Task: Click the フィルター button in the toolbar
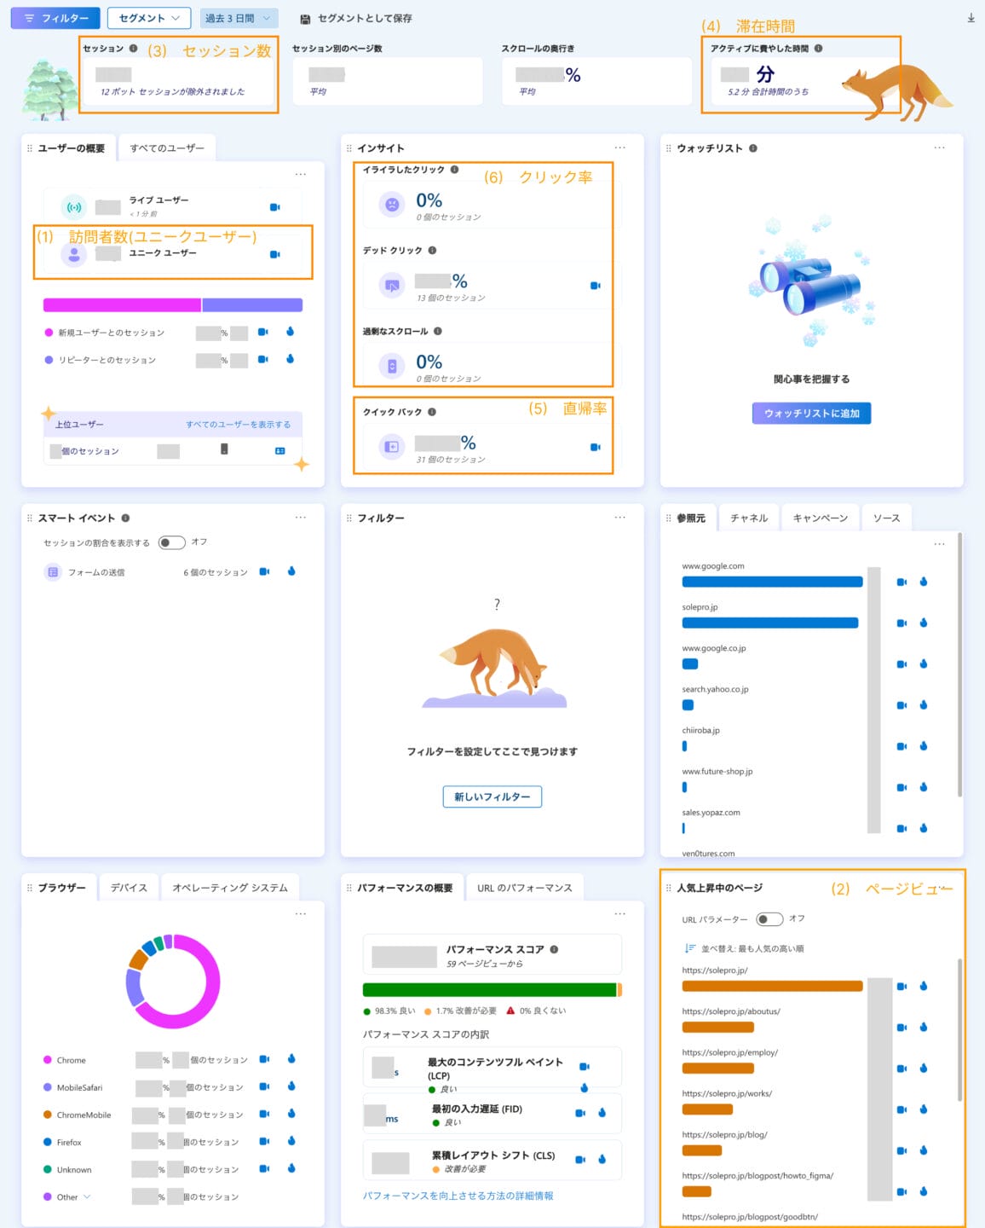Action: click(55, 18)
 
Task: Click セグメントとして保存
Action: click(356, 19)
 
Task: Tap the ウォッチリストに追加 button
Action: click(811, 414)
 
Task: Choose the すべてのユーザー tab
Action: click(167, 148)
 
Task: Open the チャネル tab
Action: click(749, 518)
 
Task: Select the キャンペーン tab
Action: click(820, 518)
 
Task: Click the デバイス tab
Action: click(129, 888)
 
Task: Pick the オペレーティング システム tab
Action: click(230, 888)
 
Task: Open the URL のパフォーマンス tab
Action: click(524, 888)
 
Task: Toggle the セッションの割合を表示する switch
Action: click(171, 542)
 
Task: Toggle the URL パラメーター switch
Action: click(769, 918)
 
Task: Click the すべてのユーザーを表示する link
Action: click(238, 425)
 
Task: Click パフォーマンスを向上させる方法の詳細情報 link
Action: click(458, 1196)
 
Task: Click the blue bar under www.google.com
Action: click(772, 582)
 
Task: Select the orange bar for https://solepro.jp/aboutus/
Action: click(717, 1027)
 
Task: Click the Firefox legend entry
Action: click(69, 1142)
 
